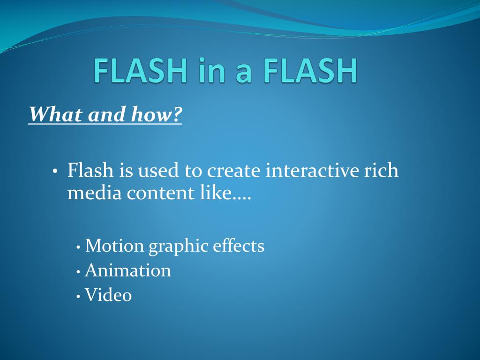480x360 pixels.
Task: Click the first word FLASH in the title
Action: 136,71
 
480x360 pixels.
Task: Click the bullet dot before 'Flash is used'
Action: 55,171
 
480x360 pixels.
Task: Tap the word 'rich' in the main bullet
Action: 381,170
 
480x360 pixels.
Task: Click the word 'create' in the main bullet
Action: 234,170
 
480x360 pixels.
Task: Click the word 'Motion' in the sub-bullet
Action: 115,246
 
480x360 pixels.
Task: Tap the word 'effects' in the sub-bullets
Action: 239,246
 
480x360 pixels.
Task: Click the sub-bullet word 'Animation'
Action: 127,270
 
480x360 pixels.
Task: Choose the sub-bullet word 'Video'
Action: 108,295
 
